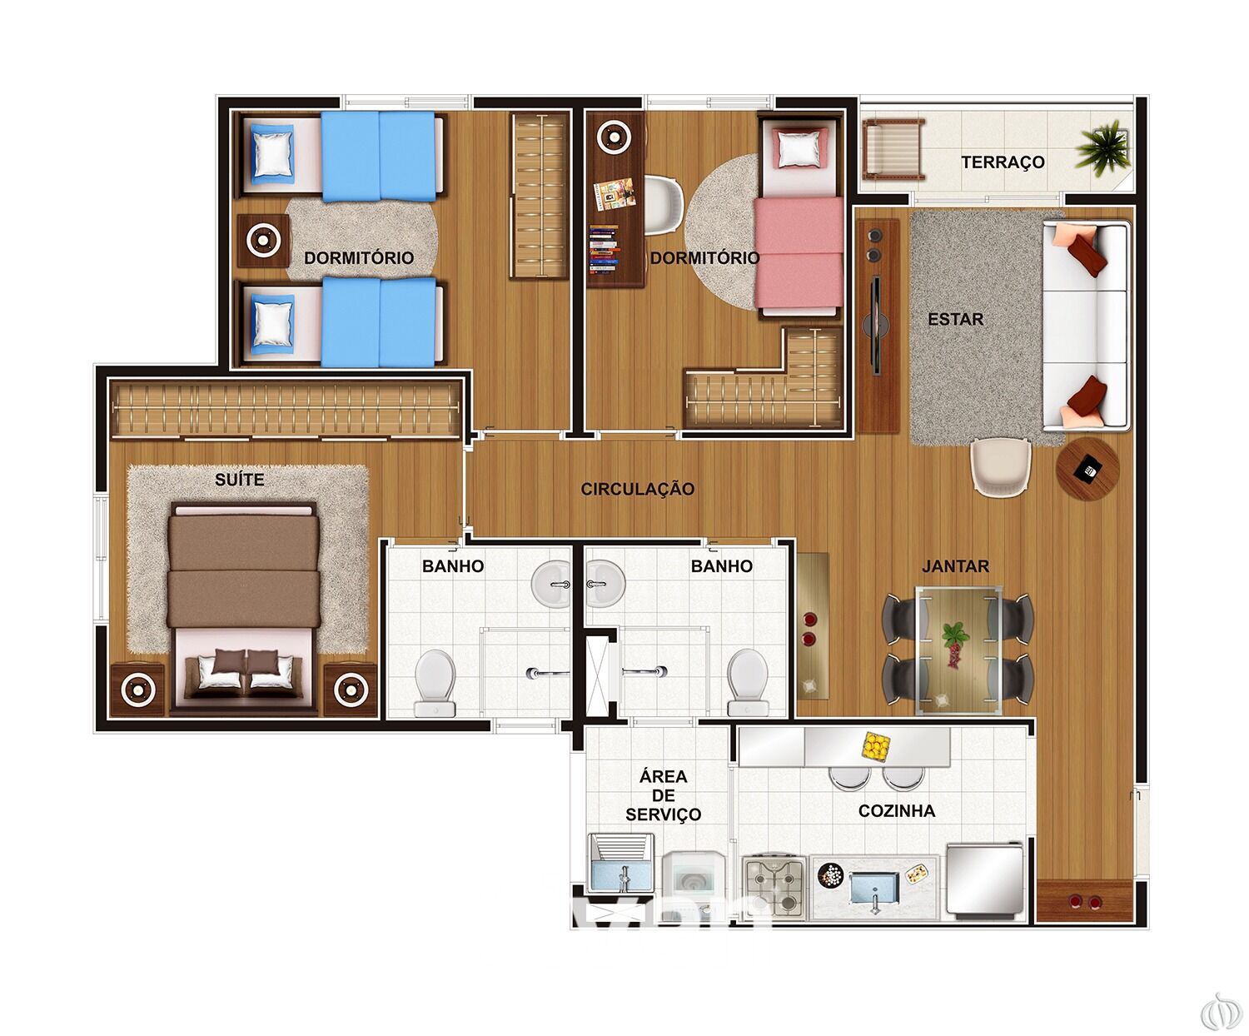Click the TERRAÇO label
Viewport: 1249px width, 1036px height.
click(x=1003, y=162)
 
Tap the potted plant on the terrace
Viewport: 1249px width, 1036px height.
click(x=1102, y=148)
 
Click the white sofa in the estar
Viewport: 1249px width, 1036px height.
click(x=1087, y=326)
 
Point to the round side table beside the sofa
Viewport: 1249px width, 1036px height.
click(x=1087, y=468)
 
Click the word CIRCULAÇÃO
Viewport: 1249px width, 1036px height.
click(x=638, y=490)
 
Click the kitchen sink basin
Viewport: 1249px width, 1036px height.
click(x=874, y=889)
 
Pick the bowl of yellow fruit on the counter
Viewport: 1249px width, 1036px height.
click(x=875, y=745)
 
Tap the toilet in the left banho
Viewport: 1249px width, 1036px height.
click(x=435, y=683)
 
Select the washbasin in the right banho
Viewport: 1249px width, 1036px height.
click(x=605, y=583)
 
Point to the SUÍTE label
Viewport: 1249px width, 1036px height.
click(x=239, y=480)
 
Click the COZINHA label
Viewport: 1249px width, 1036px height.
click(x=897, y=811)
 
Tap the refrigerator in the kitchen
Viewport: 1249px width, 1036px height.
click(x=985, y=881)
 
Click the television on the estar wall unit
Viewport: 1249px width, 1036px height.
click(x=876, y=326)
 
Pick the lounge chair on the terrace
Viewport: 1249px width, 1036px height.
click(x=893, y=150)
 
